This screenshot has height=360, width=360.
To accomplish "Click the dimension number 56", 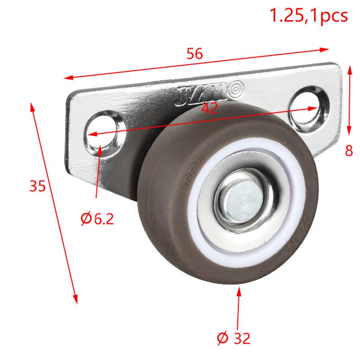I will pyautogui.click(x=195, y=54).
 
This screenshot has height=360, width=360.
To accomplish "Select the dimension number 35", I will pyautogui.click(x=38, y=186).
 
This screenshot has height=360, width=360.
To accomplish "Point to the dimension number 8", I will pyautogui.click(x=349, y=151).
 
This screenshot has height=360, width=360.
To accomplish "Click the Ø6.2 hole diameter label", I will pyautogui.click(x=97, y=219).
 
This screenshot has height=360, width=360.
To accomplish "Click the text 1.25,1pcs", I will pyautogui.click(x=308, y=16).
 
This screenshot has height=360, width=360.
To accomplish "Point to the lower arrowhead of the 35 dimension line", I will pyautogui.click(x=75, y=299).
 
